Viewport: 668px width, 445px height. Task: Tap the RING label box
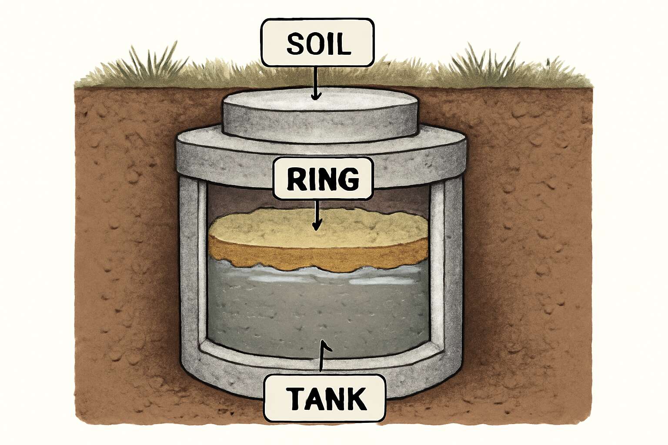[x=323, y=179]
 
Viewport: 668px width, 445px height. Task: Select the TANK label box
[x=325, y=399]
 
